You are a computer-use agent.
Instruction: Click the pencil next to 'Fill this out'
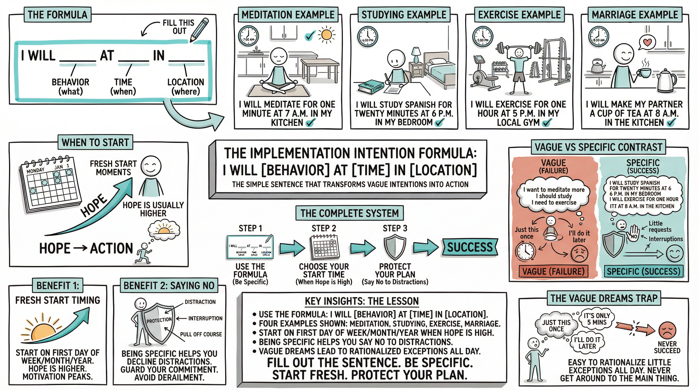coord(199,30)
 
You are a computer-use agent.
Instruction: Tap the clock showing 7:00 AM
coord(248,37)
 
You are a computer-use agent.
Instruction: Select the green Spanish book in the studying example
coord(370,87)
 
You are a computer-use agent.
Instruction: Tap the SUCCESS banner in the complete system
coord(470,247)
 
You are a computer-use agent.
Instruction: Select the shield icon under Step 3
coord(395,247)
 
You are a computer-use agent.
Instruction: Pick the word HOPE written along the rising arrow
coord(94,205)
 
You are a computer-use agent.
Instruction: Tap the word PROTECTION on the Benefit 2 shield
coord(159,320)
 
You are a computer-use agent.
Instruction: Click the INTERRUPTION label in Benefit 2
coord(205,318)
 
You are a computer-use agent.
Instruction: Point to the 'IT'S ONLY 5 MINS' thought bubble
coord(597,319)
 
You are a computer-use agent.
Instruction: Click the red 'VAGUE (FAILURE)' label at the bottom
coord(553,271)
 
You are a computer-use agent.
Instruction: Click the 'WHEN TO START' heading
coord(95,142)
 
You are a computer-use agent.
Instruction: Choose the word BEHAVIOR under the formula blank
coord(71,82)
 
